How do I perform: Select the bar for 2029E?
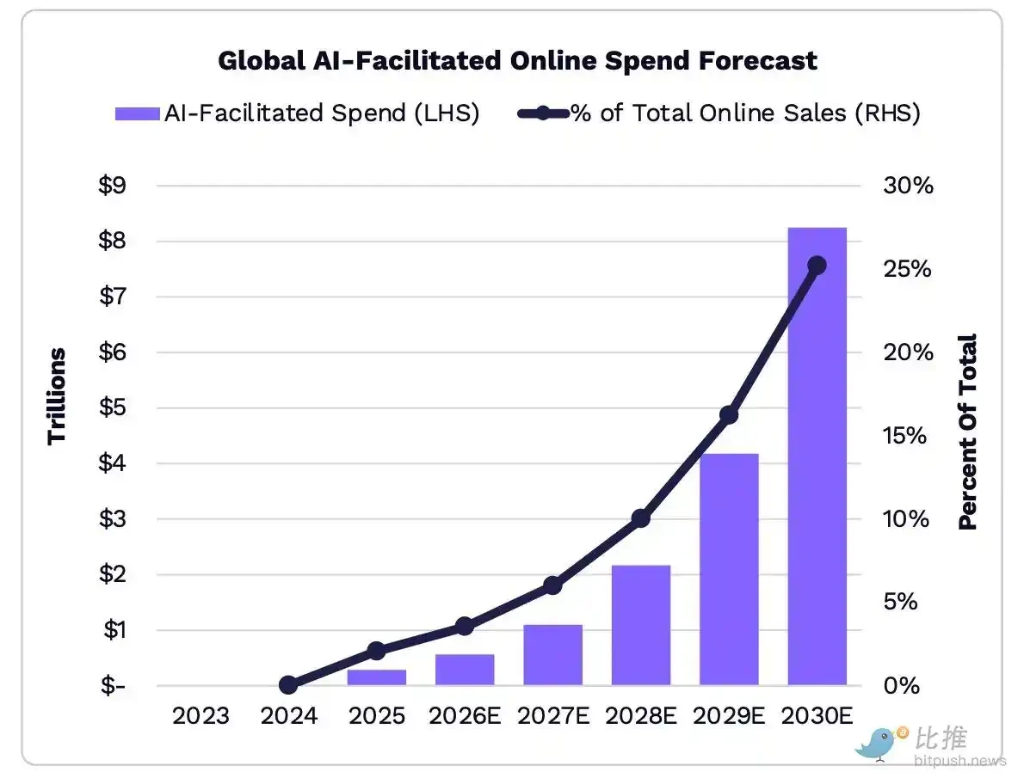pyautogui.click(x=729, y=568)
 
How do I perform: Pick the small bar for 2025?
pyautogui.click(x=376, y=677)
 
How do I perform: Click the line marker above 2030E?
pyautogui.click(x=817, y=266)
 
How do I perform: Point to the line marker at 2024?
pyautogui.click(x=288, y=685)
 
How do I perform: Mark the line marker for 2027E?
pyautogui.click(x=552, y=585)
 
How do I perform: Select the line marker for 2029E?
pyautogui.click(x=729, y=415)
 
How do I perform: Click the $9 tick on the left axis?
pyautogui.click(x=113, y=186)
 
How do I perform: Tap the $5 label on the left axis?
pyautogui.click(x=113, y=407)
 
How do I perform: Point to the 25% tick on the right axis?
pyautogui.click(x=908, y=269)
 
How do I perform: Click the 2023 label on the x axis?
pyautogui.click(x=200, y=715)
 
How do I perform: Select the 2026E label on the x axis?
pyautogui.click(x=465, y=715)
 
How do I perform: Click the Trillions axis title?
pyautogui.click(x=58, y=395)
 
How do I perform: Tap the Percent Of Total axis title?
pyautogui.click(x=968, y=432)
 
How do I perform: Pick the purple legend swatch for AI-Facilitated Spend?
pyautogui.click(x=137, y=113)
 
